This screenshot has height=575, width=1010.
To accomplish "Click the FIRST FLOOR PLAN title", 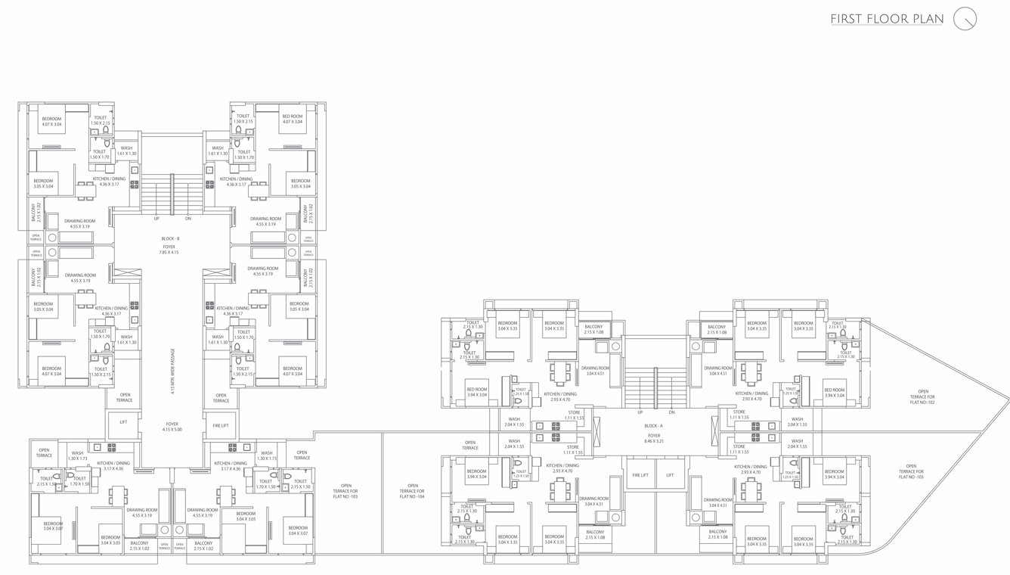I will tap(887, 19).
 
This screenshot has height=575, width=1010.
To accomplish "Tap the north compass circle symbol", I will tap(965, 19).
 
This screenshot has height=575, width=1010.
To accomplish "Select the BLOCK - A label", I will tap(653, 426).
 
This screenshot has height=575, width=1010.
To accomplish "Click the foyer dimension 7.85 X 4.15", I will tap(169, 252).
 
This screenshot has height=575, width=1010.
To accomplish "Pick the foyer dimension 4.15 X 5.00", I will tap(172, 430).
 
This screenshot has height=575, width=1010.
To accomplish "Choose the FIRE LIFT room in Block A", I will tap(639, 475).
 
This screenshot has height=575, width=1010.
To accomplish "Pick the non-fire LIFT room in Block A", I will tap(669, 475).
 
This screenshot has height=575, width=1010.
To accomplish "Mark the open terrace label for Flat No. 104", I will tap(413, 490).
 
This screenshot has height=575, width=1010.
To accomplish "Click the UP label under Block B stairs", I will tap(156, 218).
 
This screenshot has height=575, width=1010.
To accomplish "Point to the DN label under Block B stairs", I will tap(187, 218).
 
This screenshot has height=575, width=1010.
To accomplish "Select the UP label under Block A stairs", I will tap(640, 412).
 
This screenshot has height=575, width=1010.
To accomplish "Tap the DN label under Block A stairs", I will tap(671, 412).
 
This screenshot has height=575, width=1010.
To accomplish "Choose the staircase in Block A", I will tap(655, 386).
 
